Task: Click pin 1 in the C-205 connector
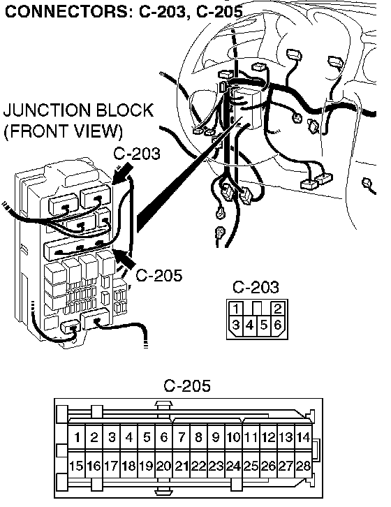[x=77, y=437]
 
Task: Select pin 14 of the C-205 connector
[x=303, y=437]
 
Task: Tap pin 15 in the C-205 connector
[x=76, y=466]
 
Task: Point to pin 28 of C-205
[x=303, y=466]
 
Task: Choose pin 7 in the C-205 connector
[x=181, y=437]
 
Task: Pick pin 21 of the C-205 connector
[x=182, y=466]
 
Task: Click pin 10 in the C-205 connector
[x=233, y=437]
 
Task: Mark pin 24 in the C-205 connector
[x=233, y=466]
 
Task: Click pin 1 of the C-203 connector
[x=237, y=309]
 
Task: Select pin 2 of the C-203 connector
[x=278, y=309]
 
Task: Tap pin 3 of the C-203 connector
[x=236, y=325]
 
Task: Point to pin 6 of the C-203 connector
[x=278, y=325]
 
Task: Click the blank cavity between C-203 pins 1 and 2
[x=257, y=308]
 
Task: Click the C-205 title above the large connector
[x=187, y=385]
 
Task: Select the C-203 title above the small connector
[x=256, y=287]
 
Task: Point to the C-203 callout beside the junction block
[x=137, y=154]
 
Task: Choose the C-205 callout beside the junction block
[x=158, y=275]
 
